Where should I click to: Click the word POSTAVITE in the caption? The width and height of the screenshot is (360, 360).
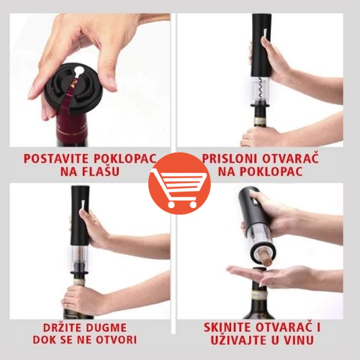pos(56,158)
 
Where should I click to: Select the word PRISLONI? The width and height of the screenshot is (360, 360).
pos(230,158)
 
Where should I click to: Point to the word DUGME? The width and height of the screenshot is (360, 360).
pos(104,328)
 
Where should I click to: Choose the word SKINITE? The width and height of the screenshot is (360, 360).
pos(228,328)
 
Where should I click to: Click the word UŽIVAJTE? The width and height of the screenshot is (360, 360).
pos(238,340)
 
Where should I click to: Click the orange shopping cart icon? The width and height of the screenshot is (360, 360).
pos(179,184)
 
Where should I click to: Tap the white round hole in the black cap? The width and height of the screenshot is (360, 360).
pos(78,71)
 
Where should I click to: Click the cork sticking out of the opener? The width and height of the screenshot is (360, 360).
pos(265,257)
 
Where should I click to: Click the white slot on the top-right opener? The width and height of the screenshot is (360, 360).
pos(264,34)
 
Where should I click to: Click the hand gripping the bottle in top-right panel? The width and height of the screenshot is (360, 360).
pos(259,137)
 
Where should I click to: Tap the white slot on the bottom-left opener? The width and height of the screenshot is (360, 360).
pos(83,205)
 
